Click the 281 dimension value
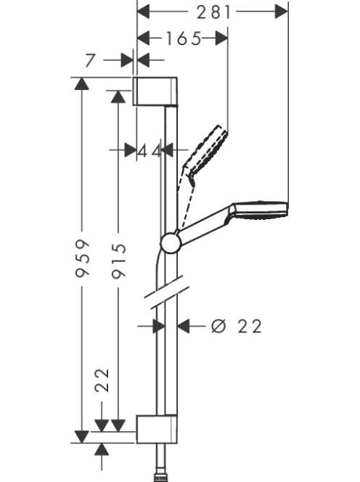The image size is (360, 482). tap(213, 12)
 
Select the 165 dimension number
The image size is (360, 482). tap(184, 38)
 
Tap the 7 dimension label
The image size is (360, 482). tap(89, 60)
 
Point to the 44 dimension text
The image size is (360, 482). tap(149, 151)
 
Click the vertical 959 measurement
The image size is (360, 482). tap(83, 258)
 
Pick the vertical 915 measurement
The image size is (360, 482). tap(118, 261)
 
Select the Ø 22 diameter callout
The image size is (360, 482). tap(237, 326)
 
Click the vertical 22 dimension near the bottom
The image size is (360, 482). tap(102, 380)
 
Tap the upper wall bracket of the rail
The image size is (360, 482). tap(155, 91)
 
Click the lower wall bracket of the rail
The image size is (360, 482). tap(157, 429)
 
